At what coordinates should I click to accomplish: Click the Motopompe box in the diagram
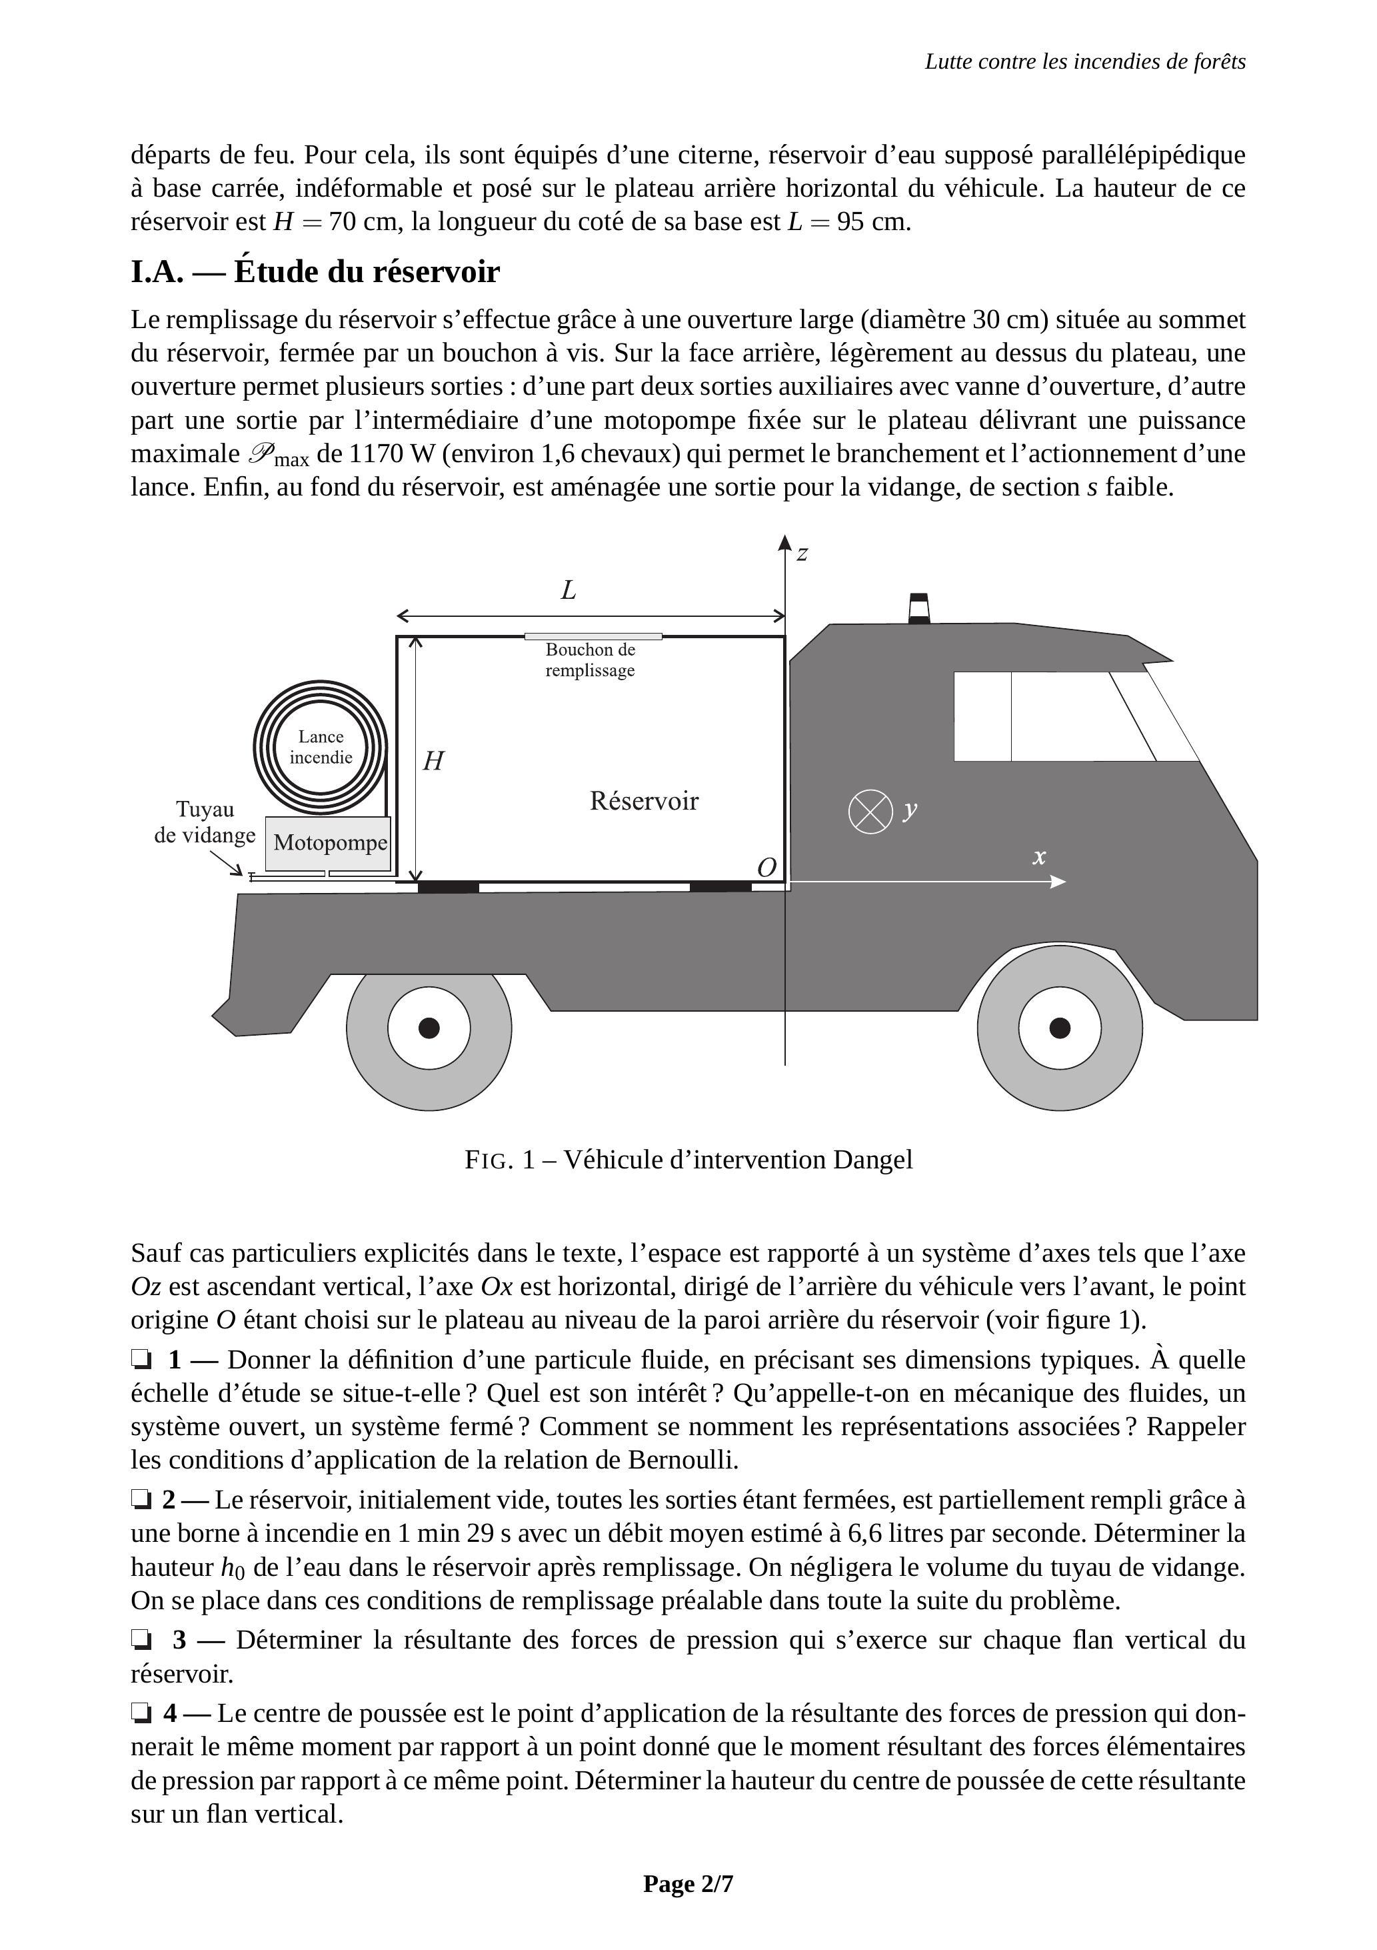329,844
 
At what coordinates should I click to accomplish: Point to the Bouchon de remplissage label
590,660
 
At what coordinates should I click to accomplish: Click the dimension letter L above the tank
569,590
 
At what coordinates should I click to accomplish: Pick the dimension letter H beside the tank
433,761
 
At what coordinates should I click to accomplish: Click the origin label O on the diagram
766,867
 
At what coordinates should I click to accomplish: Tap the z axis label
801,554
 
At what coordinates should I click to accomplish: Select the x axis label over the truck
1039,856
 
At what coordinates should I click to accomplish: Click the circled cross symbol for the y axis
870,811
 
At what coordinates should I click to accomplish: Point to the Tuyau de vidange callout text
205,822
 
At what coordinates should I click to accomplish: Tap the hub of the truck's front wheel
1060,1028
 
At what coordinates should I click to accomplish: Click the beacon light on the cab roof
918,608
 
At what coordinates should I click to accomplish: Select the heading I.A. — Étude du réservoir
315,272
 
